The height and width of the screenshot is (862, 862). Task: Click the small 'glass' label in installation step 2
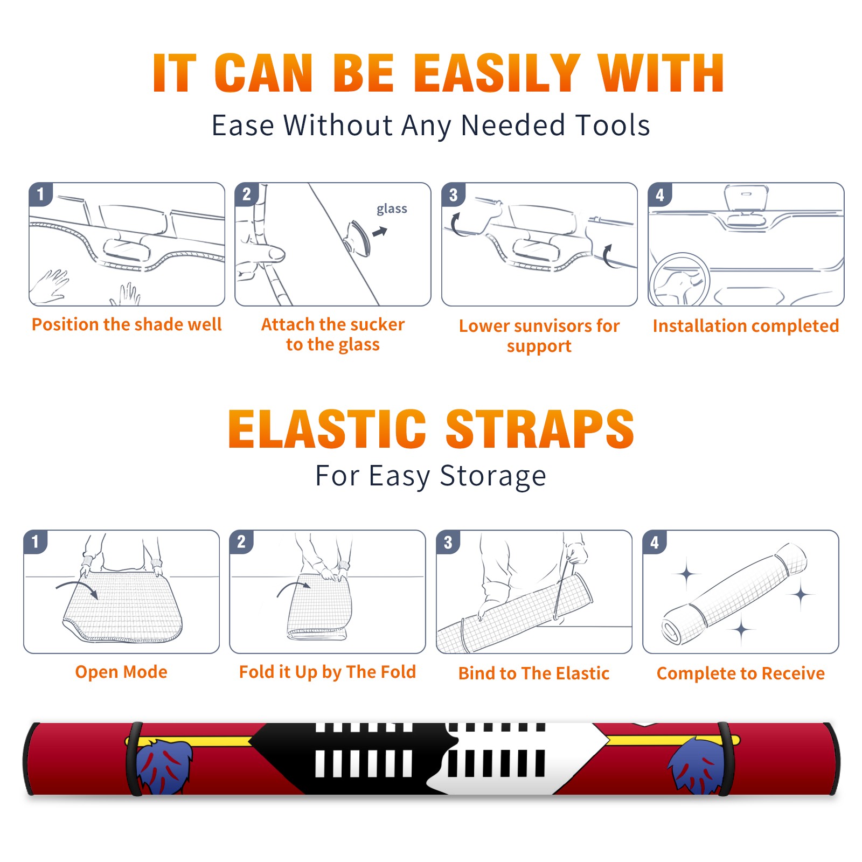[392, 209]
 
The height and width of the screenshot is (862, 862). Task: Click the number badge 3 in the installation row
[453, 194]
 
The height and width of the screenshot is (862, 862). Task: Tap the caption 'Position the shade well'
[127, 324]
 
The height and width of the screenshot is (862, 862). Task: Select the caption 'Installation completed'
[746, 326]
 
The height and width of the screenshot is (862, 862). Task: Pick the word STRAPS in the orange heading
[540, 429]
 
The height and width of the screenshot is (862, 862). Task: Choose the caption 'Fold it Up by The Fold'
[328, 672]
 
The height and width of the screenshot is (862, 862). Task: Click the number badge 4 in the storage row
[654, 542]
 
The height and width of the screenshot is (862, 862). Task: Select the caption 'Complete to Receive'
[741, 673]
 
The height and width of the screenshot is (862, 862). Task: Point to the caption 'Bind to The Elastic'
[534, 673]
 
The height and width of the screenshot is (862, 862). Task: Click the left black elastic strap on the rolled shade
[134, 759]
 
